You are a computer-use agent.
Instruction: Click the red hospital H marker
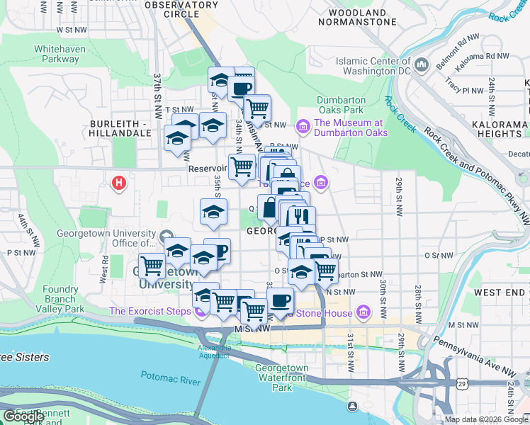(x=119, y=183)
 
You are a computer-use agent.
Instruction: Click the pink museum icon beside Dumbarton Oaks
(x=303, y=127)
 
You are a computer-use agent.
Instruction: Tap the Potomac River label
(x=171, y=380)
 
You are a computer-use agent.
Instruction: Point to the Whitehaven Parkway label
(x=60, y=54)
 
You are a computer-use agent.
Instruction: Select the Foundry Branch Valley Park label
(x=60, y=299)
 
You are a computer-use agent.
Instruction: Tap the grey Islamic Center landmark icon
(x=422, y=65)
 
